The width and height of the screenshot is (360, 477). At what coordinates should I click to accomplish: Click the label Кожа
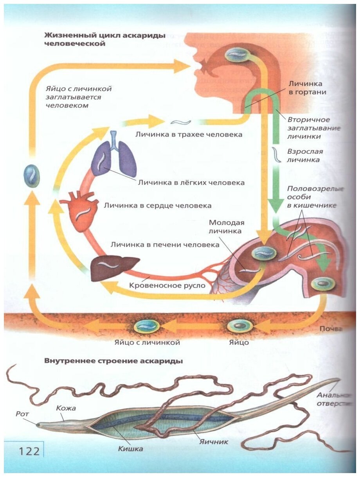pos(65,408)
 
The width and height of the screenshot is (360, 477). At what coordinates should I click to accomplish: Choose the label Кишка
pos(130,448)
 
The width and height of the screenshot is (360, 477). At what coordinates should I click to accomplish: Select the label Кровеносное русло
pos(167,285)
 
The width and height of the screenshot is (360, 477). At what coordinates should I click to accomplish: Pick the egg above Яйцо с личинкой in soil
pos(147,325)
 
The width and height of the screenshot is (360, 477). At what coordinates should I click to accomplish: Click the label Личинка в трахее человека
pos(189,134)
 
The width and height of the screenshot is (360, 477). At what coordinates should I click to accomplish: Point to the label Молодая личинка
pos(227,227)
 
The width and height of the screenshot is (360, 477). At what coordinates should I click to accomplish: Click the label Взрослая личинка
pos(305,155)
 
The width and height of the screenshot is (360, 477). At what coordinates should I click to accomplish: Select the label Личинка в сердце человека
pos(157,205)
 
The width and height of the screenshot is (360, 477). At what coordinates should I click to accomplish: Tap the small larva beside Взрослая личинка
pos(277,154)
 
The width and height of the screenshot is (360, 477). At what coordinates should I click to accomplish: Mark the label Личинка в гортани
pos(307,88)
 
